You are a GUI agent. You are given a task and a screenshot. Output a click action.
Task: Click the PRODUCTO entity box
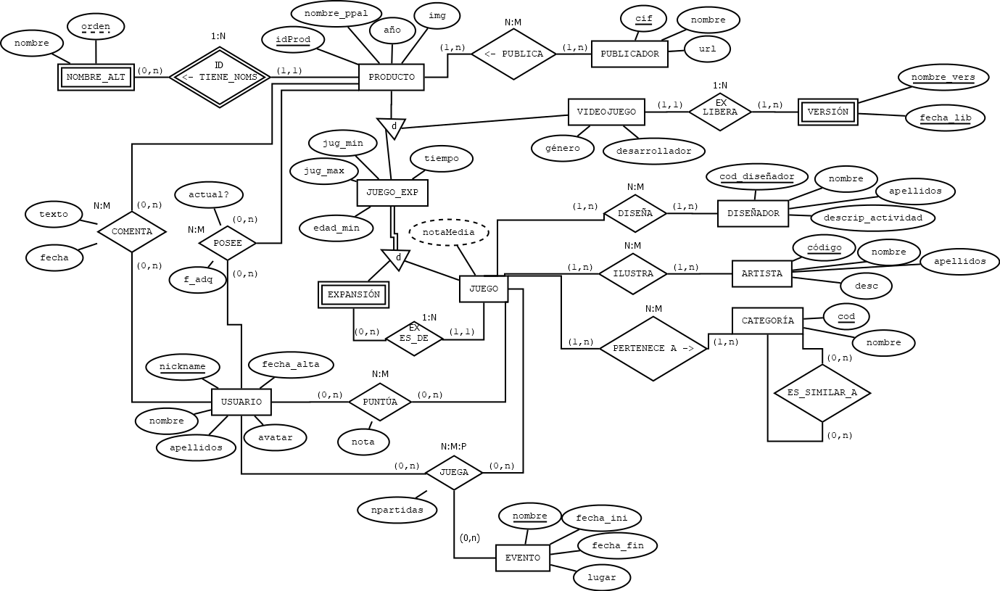click(x=392, y=77)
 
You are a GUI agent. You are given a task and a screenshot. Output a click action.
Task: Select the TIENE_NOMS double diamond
click(x=220, y=77)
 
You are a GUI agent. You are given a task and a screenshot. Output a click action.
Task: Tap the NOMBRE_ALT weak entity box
click(x=96, y=77)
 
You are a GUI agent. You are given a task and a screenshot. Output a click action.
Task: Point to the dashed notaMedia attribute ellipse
click(x=449, y=232)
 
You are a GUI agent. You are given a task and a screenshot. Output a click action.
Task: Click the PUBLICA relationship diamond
click(x=514, y=54)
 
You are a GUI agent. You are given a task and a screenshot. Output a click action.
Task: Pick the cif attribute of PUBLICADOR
click(x=643, y=19)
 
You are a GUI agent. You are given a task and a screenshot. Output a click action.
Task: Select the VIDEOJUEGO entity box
click(x=606, y=112)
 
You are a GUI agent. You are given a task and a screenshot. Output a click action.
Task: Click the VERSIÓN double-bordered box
click(x=827, y=112)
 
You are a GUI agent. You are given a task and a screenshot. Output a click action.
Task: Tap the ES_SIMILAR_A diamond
click(x=822, y=393)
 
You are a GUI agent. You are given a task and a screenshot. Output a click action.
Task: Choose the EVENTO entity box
click(x=523, y=558)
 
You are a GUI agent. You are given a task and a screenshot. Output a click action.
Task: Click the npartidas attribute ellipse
click(x=397, y=510)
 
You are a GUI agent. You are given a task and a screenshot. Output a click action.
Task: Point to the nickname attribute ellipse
click(x=183, y=366)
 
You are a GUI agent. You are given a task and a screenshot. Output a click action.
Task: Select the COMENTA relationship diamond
click(x=132, y=231)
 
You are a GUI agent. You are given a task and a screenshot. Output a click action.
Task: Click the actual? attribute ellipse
click(x=209, y=194)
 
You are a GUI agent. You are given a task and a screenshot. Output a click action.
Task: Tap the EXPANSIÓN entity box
click(x=354, y=294)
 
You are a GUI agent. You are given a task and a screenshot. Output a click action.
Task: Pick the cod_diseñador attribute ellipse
click(x=757, y=177)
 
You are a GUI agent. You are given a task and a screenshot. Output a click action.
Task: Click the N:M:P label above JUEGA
click(x=453, y=447)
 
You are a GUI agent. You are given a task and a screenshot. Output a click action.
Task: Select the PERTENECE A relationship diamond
click(x=653, y=348)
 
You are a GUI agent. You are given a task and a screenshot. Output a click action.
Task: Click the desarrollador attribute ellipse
click(x=654, y=152)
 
